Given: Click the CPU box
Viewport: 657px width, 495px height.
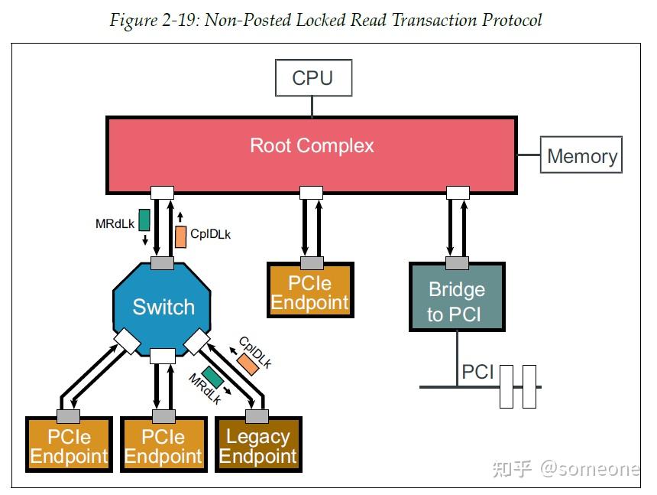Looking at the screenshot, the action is (x=313, y=77).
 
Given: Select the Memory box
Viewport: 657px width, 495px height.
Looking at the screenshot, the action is (x=581, y=155).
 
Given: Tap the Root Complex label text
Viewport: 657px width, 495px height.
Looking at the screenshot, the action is (x=312, y=145).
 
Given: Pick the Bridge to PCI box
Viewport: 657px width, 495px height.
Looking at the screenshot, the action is (x=457, y=297).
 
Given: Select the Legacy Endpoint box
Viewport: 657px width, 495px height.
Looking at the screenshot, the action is (x=258, y=445).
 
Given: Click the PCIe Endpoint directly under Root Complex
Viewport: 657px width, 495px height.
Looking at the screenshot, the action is (x=310, y=290).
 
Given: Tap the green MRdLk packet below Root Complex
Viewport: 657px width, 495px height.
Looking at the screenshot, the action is (x=144, y=220).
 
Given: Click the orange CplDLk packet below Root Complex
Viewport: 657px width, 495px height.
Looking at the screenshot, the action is (x=180, y=236).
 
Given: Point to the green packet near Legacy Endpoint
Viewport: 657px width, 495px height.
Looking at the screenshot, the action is (x=212, y=376).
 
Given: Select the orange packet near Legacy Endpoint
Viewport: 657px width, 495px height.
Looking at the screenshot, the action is (x=248, y=363).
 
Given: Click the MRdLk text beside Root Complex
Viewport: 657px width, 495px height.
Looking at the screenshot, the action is (x=115, y=224).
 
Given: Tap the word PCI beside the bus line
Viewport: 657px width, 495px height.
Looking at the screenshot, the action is (x=477, y=372).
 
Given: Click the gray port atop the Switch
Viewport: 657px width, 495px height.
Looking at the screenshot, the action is (x=162, y=263).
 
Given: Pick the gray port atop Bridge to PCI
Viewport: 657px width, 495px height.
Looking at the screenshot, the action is (x=457, y=263).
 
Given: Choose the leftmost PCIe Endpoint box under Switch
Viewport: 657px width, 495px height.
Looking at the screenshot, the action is (x=69, y=445).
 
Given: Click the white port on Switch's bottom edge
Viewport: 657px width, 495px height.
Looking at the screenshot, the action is (x=163, y=356).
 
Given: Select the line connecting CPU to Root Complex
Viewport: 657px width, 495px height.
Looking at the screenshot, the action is (x=312, y=106).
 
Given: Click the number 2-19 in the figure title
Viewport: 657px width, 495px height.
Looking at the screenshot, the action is (x=179, y=20).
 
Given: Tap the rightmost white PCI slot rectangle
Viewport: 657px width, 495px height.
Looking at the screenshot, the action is (x=529, y=387).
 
